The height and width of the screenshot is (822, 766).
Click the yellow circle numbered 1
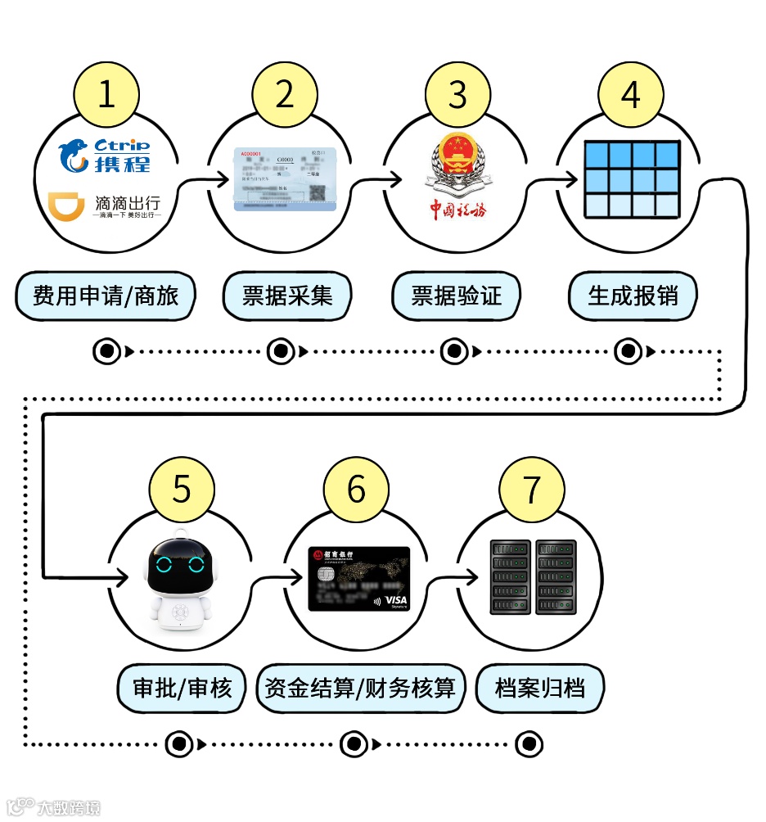click(x=106, y=95)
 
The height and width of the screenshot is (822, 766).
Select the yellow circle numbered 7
click(x=532, y=489)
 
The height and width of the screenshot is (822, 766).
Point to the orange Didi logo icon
click(x=65, y=208)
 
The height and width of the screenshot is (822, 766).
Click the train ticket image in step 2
click(x=285, y=179)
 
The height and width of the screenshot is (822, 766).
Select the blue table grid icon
click(x=632, y=179)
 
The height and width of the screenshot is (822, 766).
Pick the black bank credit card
click(x=358, y=579)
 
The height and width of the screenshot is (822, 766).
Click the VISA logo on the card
click(x=395, y=601)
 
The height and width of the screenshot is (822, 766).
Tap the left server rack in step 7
click(x=509, y=577)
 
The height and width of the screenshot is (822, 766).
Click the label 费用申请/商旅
click(x=106, y=296)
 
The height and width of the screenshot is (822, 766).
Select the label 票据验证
click(x=456, y=296)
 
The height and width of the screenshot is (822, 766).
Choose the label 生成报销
click(x=633, y=296)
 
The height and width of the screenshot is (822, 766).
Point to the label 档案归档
click(x=540, y=688)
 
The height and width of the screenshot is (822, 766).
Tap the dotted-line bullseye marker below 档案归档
click(x=529, y=744)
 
